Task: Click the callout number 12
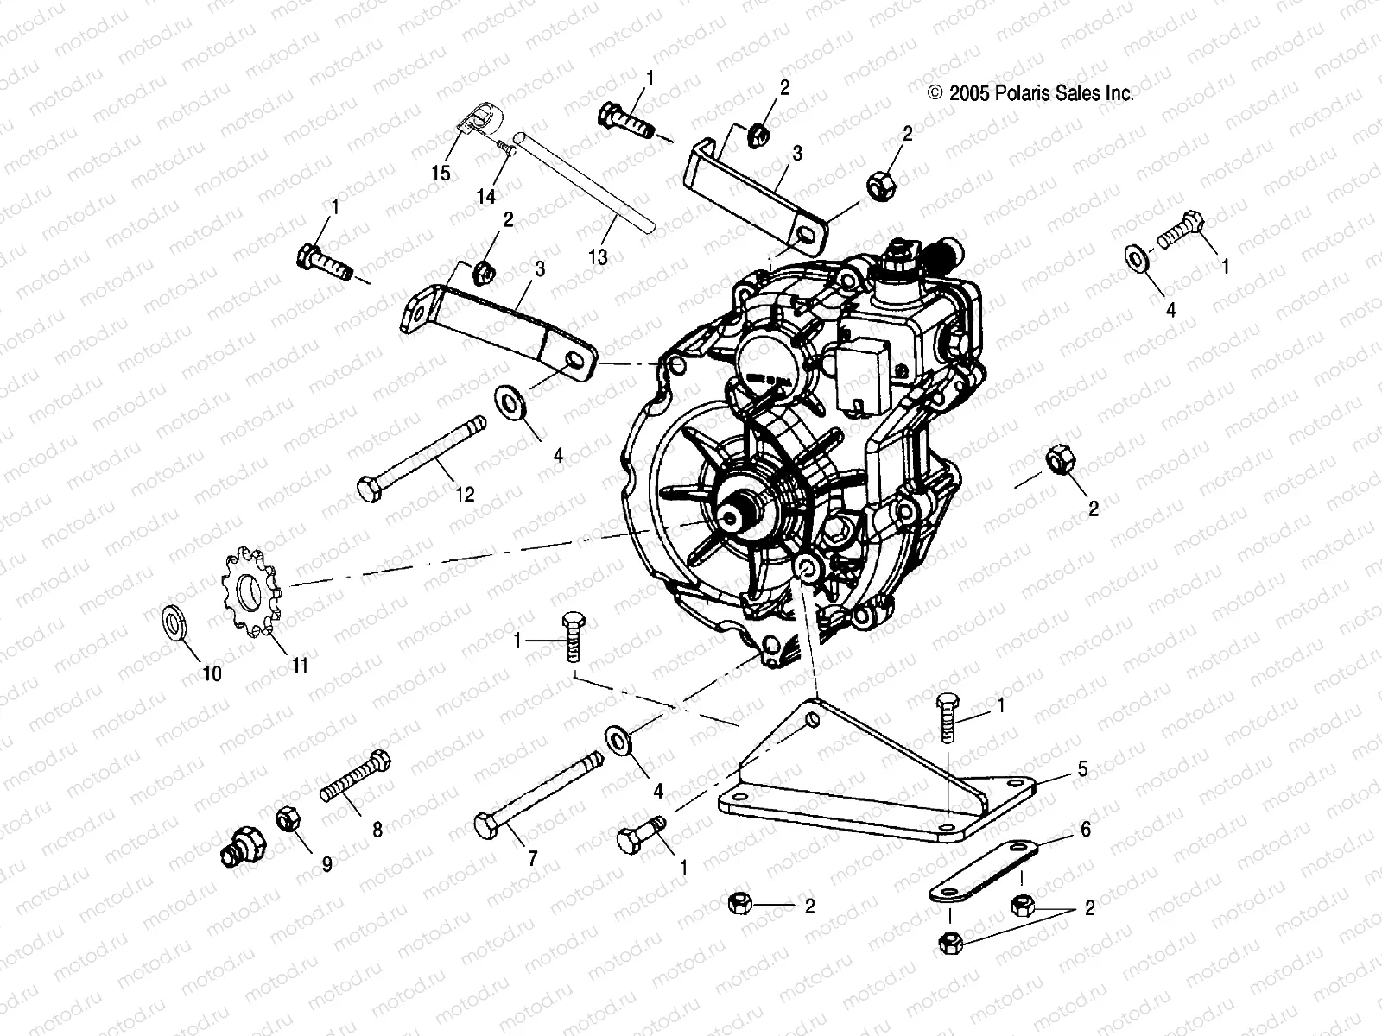[465, 494]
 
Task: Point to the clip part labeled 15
[467, 120]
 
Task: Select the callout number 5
[1083, 768]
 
